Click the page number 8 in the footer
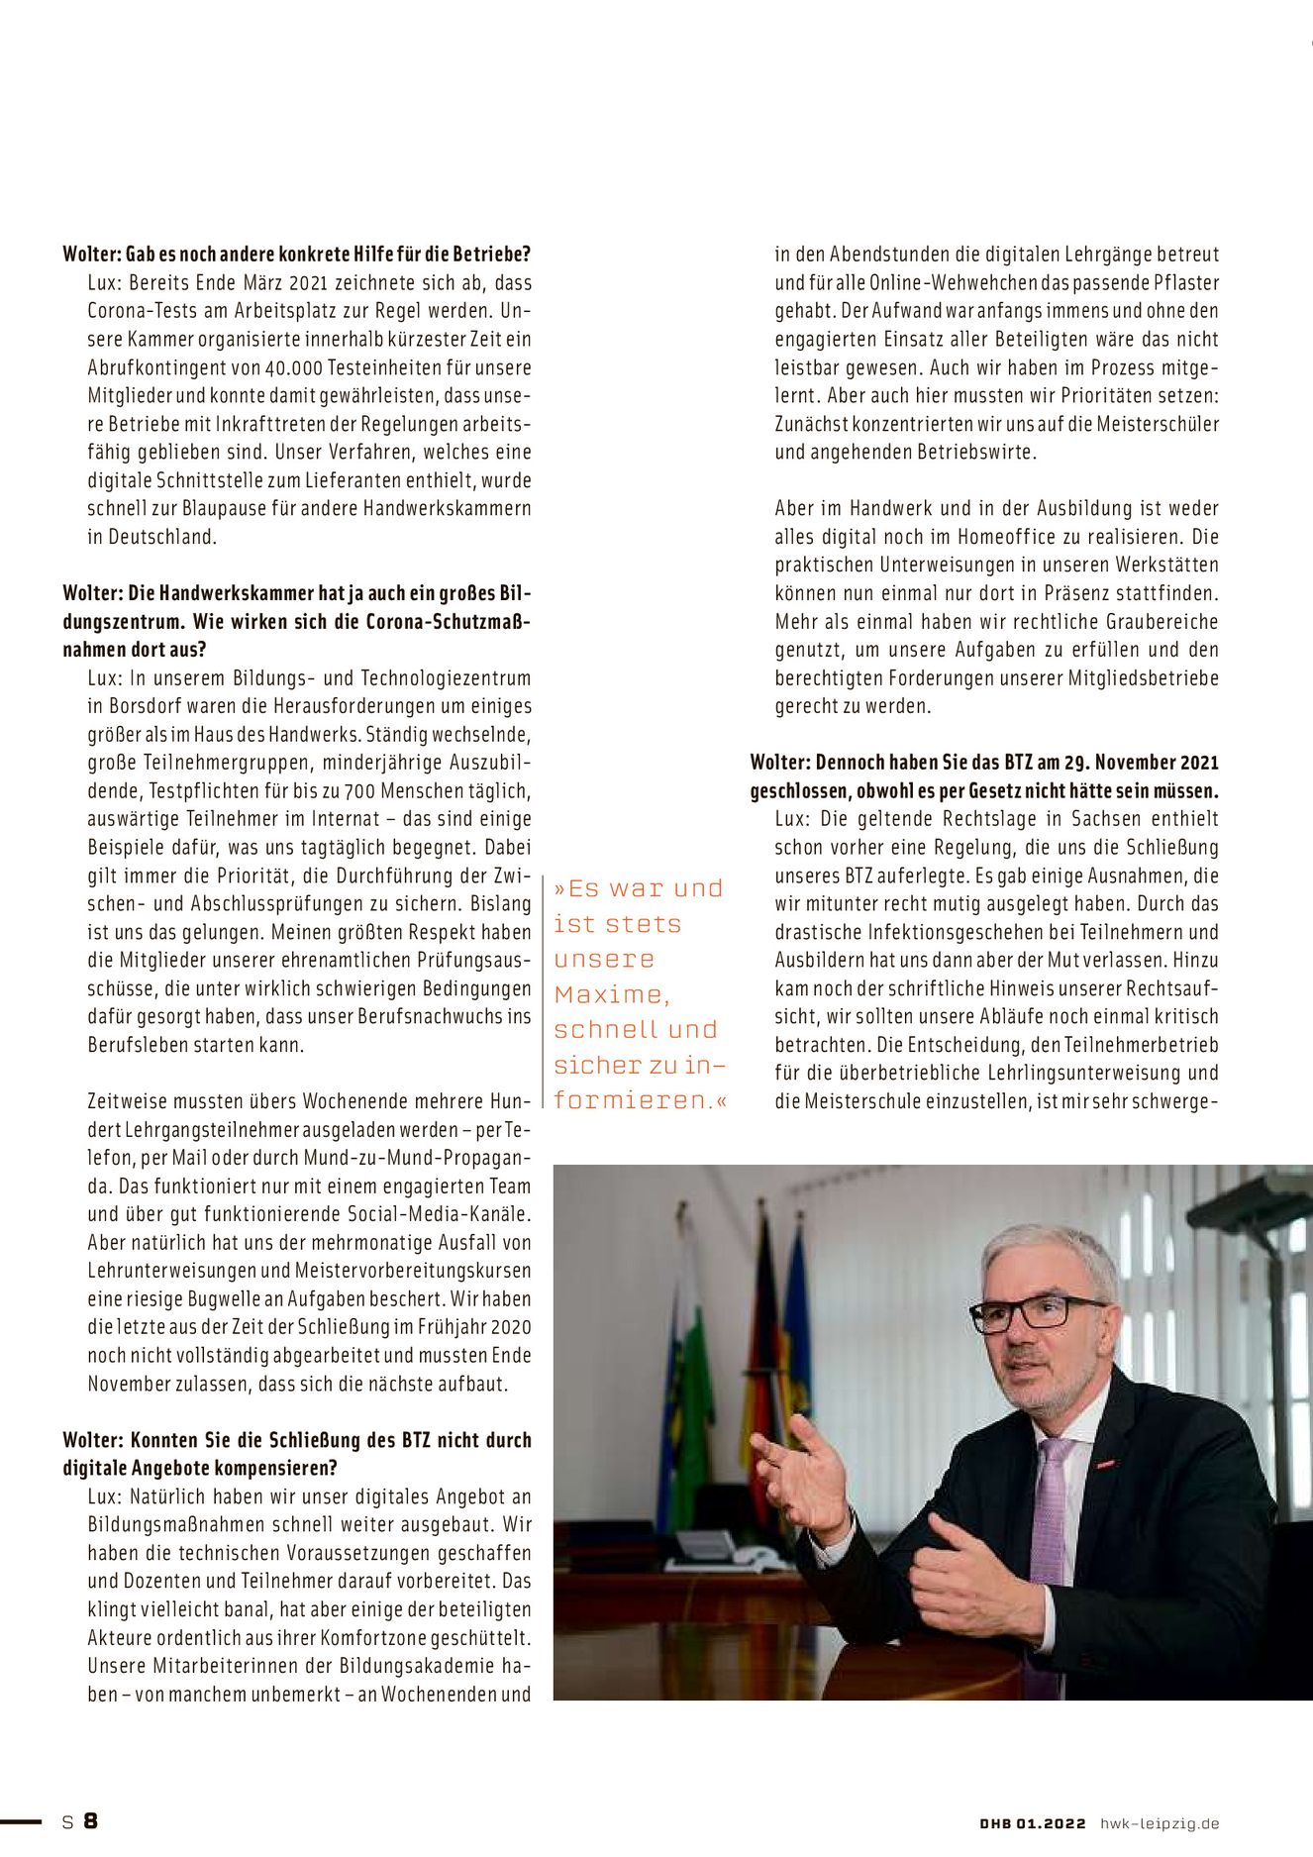click(90, 1820)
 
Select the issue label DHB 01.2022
click(1033, 1823)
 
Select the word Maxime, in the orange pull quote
click(612, 994)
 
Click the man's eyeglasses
click(1035, 1312)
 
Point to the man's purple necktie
click(1049, 1515)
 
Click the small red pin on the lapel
click(1104, 1461)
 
